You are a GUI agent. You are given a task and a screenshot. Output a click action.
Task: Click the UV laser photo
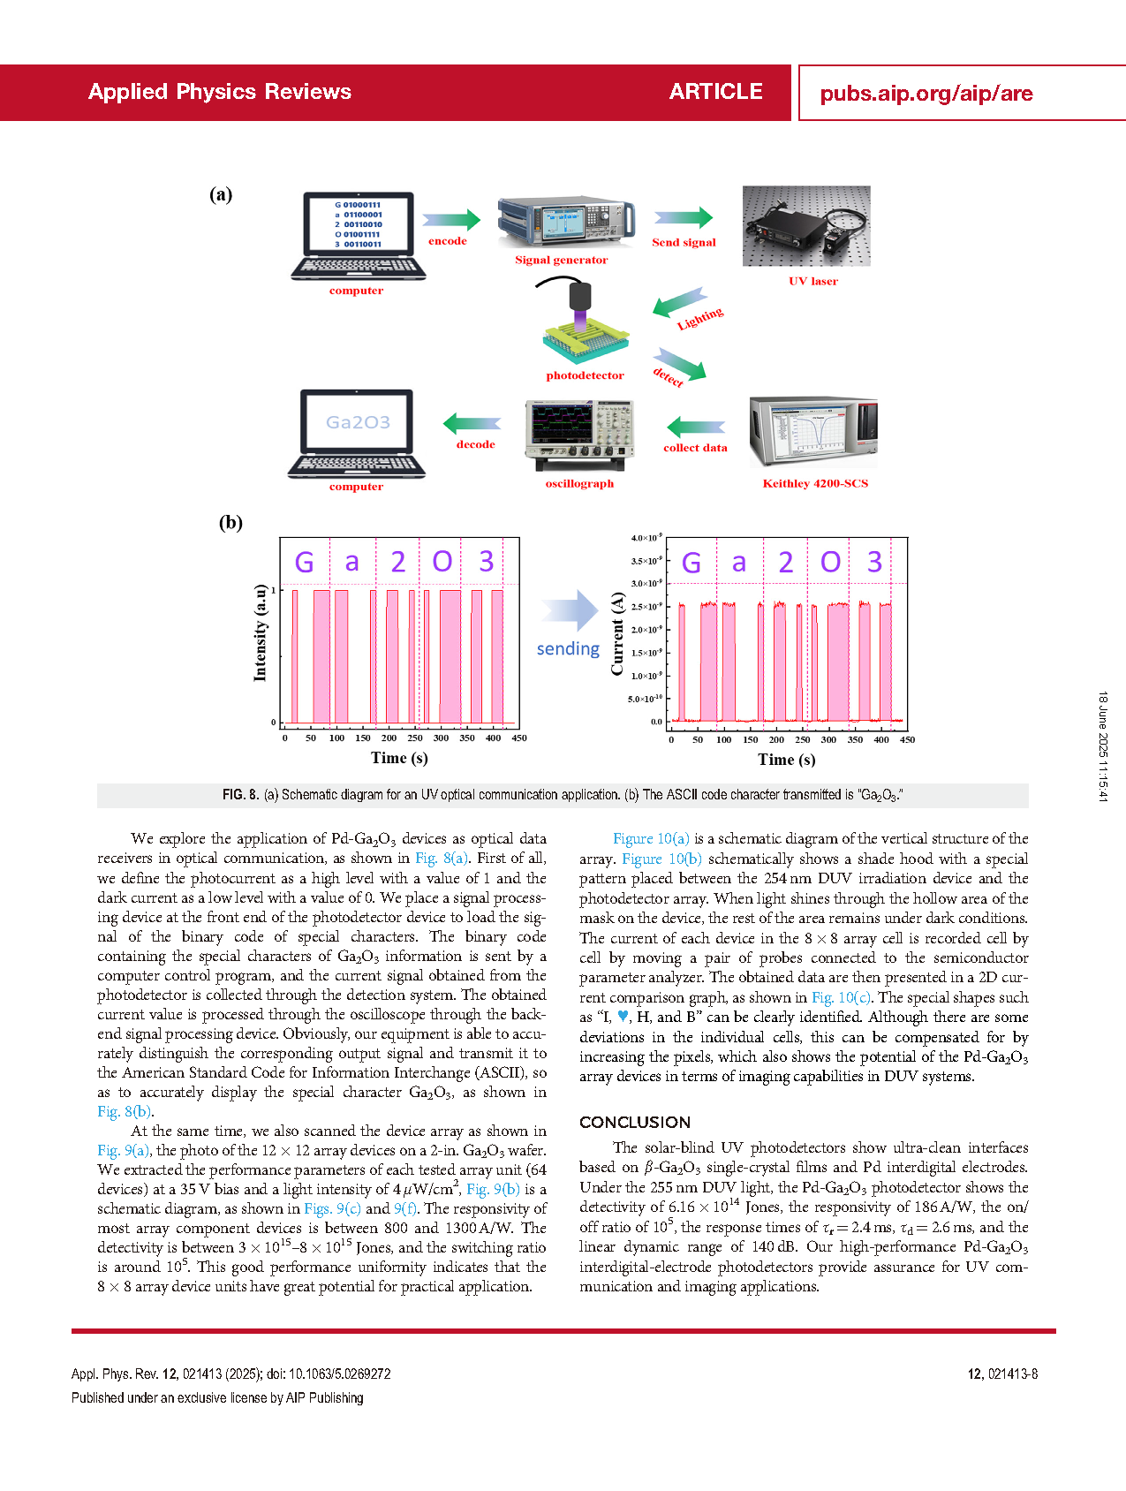click(806, 226)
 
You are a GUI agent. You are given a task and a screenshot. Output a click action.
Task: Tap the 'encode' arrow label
click(448, 241)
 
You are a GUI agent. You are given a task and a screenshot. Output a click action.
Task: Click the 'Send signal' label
click(684, 242)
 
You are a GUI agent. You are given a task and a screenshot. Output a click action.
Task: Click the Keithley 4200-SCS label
click(815, 483)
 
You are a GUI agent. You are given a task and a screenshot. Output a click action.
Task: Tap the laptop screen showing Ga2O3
click(358, 422)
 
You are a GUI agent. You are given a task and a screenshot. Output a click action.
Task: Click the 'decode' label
click(475, 444)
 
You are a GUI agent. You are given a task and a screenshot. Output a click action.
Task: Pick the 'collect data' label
click(696, 448)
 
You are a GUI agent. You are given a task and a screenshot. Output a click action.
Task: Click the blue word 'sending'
click(568, 648)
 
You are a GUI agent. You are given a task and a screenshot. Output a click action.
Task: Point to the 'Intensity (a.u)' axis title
click(260, 632)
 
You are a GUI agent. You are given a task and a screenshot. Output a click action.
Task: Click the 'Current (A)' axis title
click(617, 634)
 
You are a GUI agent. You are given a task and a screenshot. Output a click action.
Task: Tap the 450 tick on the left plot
click(519, 738)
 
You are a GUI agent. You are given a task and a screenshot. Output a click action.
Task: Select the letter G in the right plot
click(691, 562)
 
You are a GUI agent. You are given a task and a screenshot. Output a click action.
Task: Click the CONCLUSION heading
click(635, 1123)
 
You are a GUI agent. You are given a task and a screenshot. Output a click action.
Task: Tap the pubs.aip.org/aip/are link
click(926, 94)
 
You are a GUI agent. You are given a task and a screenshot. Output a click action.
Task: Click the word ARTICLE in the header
click(716, 92)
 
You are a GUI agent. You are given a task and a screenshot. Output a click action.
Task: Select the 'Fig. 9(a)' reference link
click(123, 1150)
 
